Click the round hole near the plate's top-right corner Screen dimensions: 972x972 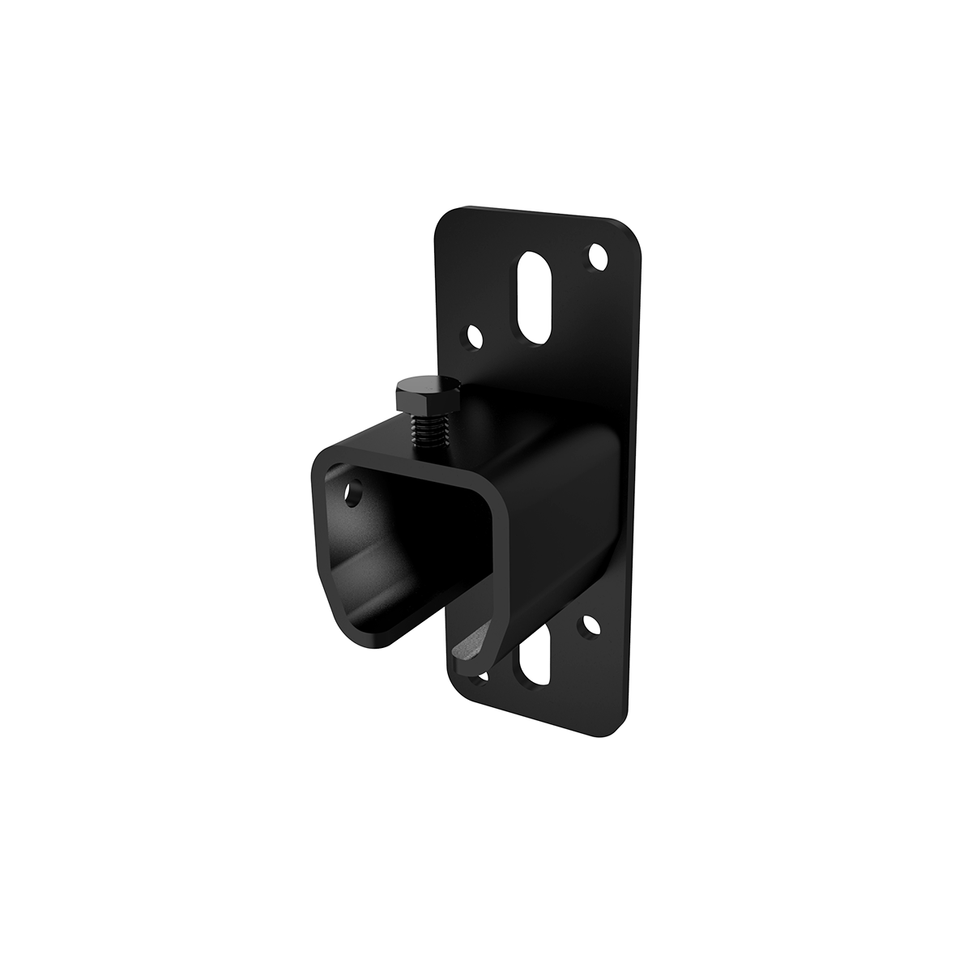599,258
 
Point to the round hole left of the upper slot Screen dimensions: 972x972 474,335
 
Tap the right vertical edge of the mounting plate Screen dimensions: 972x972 637,486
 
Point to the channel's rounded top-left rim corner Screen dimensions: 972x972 319,458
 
